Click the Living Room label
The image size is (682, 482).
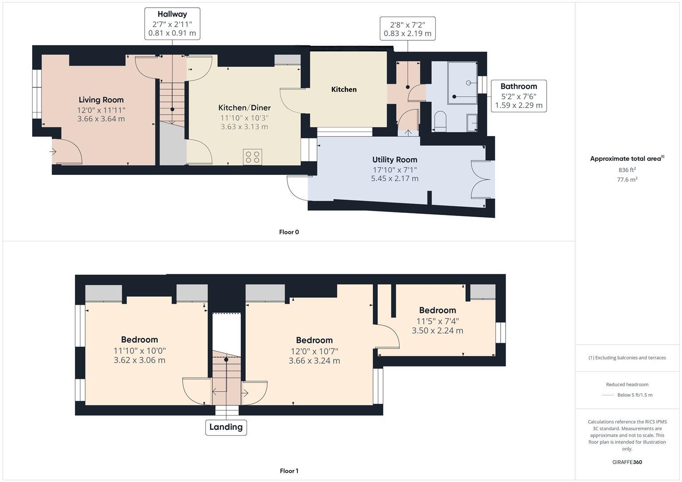[x=101, y=100]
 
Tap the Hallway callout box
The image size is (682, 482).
[x=172, y=24]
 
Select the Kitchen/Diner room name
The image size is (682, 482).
[x=244, y=108]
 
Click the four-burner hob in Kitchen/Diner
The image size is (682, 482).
[x=252, y=157]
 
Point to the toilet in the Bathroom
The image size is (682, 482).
[x=440, y=122]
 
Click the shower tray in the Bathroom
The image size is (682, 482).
[x=462, y=83]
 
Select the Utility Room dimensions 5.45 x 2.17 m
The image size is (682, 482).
[x=394, y=179]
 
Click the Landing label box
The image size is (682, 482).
[x=226, y=427]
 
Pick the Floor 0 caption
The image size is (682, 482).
[x=289, y=232]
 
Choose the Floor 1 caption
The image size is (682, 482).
[x=289, y=471]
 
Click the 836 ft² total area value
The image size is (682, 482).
[x=627, y=170]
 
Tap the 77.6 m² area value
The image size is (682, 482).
[x=627, y=179]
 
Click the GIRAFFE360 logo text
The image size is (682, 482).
[x=627, y=462]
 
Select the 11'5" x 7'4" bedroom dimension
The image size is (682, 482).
[x=437, y=321]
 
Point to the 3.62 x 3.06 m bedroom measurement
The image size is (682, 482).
[x=139, y=360]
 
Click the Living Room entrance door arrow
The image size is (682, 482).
[x=53, y=152]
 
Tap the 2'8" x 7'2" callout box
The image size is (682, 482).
[x=407, y=29]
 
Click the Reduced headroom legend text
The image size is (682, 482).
[x=627, y=384]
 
